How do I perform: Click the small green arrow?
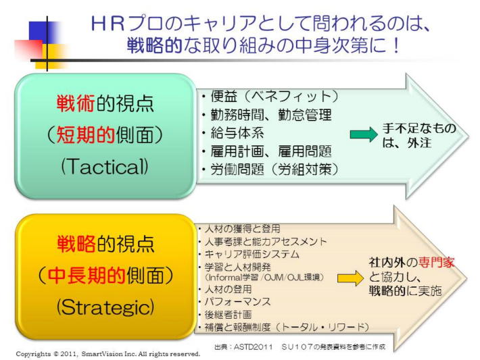point(363,134)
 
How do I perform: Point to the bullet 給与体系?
point(234,133)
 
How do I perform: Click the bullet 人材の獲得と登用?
point(237,229)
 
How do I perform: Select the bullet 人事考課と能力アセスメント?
point(261,241)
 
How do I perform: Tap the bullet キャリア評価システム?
point(247,254)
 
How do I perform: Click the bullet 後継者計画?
point(226,314)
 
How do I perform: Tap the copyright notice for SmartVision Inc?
point(108,353)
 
